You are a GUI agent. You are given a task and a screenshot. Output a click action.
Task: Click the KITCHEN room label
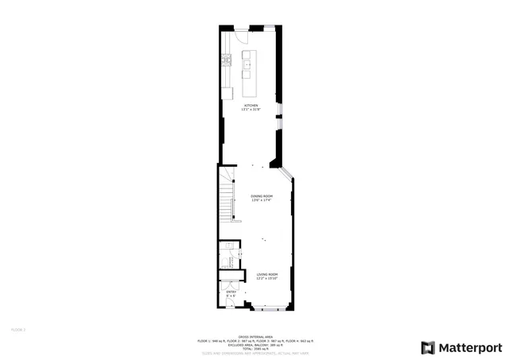point(251,105)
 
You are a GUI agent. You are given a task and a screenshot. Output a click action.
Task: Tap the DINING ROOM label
point(262,195)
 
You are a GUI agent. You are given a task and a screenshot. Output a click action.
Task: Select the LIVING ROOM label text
point(266,273)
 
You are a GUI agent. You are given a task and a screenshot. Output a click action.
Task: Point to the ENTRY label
point(231,292)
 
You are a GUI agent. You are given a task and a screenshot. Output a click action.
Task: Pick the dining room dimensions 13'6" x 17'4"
point(262,200)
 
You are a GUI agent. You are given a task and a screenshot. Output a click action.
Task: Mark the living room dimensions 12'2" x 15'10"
point(266,278)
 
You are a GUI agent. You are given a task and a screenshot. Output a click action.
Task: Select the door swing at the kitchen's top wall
point(238,36)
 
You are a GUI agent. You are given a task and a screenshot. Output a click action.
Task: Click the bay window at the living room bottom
point(266,308)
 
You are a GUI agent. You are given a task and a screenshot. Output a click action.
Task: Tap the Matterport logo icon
point(428,347)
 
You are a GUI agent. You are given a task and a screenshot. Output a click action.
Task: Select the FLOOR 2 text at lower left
point(18,328)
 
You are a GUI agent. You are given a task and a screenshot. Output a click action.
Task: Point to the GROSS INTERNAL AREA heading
point(254,336)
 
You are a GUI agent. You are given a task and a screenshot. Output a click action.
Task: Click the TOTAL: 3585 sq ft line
point(254,348)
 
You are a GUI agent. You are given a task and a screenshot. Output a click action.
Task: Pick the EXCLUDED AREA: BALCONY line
point(254,344)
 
